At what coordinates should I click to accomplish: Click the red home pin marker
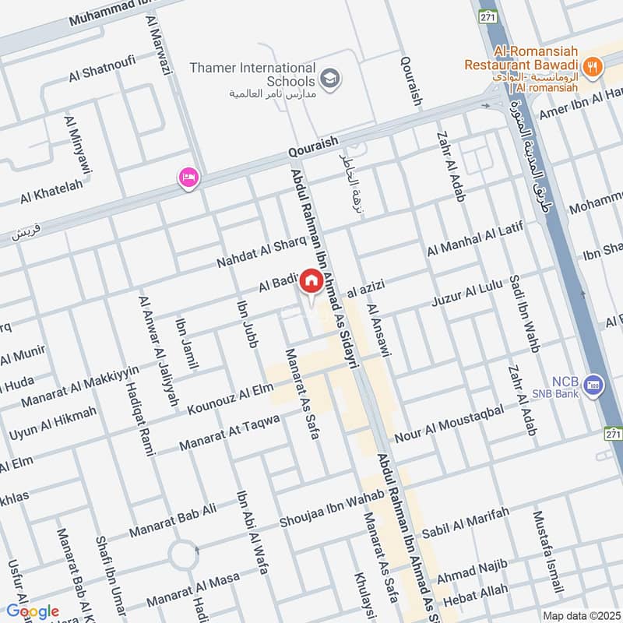[x=311, y=281]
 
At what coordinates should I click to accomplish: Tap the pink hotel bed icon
[x=188, y=178]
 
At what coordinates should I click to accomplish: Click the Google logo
[x=33, y=611]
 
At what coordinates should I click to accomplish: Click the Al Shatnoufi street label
[x=102, y=68]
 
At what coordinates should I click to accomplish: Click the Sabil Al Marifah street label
[x=465, y=522]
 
